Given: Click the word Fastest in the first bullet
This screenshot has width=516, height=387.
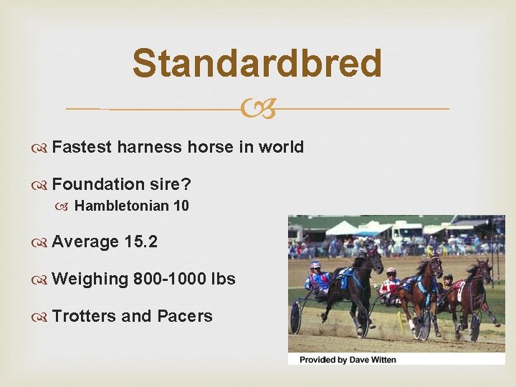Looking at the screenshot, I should [x=82, y=147].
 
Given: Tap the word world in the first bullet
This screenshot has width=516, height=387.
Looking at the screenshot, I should [x=280, y=147].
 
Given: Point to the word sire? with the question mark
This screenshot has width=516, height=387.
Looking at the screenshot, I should [x=171, y=183].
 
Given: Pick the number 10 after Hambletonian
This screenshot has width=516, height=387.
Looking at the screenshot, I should [x=181, y=206].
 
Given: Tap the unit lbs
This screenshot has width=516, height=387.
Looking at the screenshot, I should [x=222, y=279].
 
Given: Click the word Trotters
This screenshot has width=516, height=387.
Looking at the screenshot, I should [x=85, y=316].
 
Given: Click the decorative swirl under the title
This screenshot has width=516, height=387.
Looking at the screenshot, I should [x=257, y=109].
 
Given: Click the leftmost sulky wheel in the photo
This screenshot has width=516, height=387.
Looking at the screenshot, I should [x=295, y=317].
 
